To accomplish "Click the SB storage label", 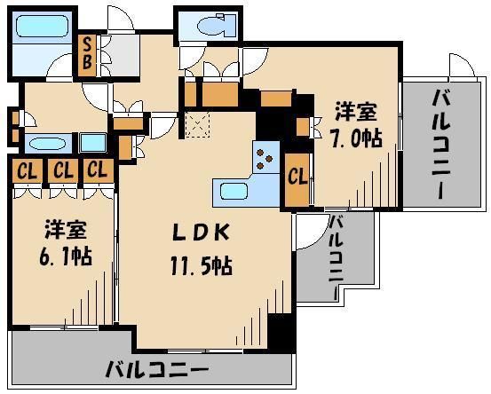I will point(89,54).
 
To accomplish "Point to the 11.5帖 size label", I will point(202,264).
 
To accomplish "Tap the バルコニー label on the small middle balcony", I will point(337,257).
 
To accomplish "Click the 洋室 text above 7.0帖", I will point(355,113).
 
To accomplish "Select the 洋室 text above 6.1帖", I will point(66,229).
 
